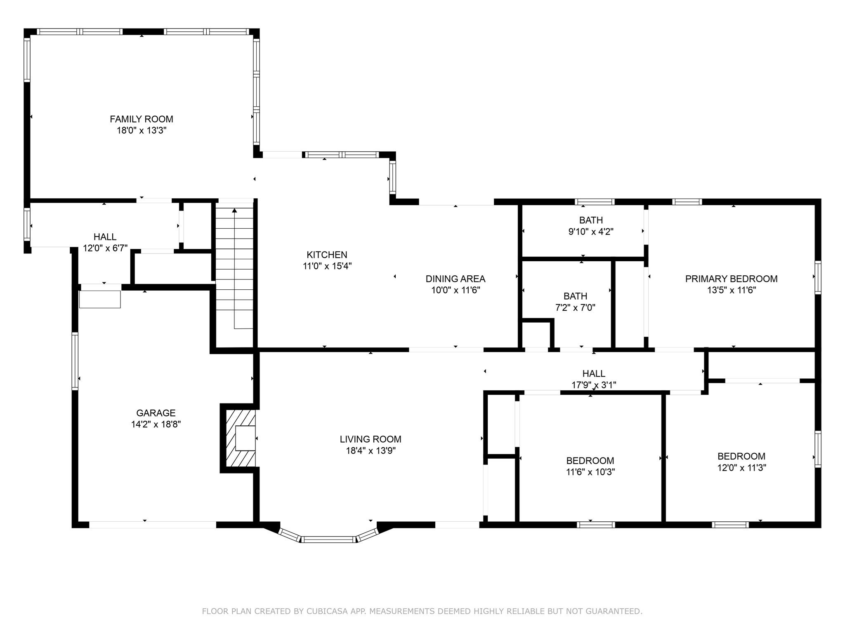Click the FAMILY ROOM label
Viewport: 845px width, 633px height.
coord(141,119)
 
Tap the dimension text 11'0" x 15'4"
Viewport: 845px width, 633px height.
coord(327,266)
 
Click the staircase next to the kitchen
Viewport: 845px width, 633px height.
coord(235,268)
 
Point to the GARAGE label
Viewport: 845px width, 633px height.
coord(156,413)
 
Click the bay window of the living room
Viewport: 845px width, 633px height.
coord(328,539)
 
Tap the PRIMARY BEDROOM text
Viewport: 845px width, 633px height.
coord(731,279)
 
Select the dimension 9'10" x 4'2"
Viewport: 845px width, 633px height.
coord(591,232)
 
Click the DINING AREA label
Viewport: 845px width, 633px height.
coord(455,279)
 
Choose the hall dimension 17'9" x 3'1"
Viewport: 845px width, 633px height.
coord(594,385)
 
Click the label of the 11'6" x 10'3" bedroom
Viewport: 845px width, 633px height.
coord(590,461)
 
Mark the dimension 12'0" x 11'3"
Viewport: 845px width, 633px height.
coord(741,468)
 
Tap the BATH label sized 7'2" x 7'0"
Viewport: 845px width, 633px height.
coord(575,296)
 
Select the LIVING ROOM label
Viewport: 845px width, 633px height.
coord(370,439)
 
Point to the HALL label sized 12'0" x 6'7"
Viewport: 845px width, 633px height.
coord(105,237)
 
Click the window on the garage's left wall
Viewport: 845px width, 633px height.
coord(75,361)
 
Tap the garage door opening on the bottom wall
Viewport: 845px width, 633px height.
coord(152,525)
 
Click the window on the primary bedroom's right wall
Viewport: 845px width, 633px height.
coord(817,277)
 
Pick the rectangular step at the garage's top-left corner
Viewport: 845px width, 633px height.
coord(100,299)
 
